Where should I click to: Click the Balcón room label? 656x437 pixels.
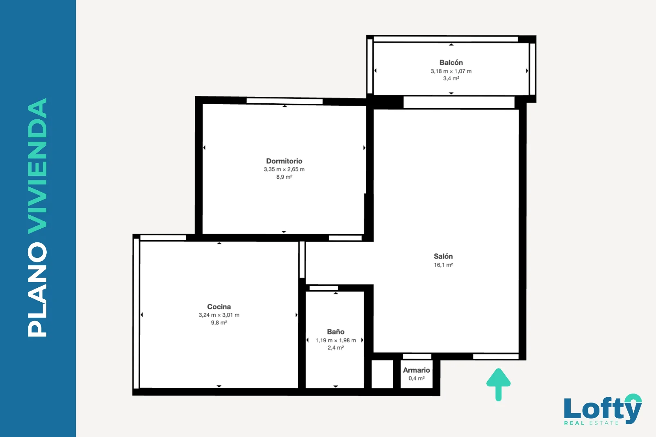[451, 62]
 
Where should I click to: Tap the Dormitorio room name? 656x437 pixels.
[284, 161]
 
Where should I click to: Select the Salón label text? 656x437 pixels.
[443, 256]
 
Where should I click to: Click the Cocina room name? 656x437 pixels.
[219, 307]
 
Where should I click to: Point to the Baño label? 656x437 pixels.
[336, 332]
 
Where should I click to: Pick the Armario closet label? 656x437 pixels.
[417, 370]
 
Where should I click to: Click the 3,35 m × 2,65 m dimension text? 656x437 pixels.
[284, 169]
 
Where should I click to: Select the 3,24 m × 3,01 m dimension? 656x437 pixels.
[219, 315]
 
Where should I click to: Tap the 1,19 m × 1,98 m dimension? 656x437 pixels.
[336, 340]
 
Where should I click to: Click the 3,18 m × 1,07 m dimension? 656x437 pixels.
[451, 71]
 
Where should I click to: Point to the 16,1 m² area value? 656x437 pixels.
[443, 265]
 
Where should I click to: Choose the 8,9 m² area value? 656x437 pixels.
[284, 177]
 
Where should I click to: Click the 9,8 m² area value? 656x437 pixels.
[219, 323]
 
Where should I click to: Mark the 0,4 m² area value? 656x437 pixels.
[417, 378]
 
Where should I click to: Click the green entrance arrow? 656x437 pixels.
[499, 384]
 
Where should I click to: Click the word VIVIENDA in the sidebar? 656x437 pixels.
[37, 166]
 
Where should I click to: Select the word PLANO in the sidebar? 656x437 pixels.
[37, 289]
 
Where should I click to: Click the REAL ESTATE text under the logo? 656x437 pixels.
[591, 423]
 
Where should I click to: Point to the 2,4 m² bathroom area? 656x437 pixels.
[336, 348]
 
